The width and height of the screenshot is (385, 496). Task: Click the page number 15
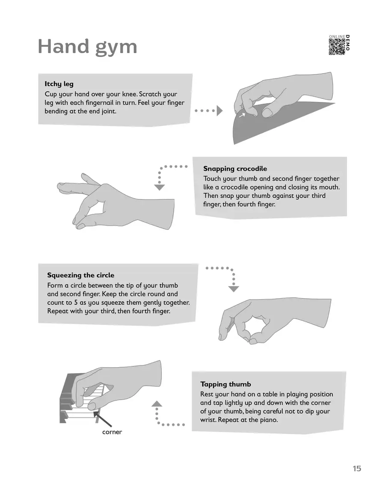tap(357, 469)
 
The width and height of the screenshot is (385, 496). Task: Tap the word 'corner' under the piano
tap(112, 432)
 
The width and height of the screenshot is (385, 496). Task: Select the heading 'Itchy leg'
tap(59, 84)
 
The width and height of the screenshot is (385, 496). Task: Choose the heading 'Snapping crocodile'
tap(235, 169)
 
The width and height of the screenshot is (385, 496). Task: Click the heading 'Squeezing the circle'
tap(80, 275)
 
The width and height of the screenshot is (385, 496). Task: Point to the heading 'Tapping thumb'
tap(225, 384)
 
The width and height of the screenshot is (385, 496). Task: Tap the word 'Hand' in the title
tap(63, 46)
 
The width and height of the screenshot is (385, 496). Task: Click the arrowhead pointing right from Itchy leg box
tap(219, 111)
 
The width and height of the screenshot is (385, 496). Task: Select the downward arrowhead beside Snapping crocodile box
tap(159, 187)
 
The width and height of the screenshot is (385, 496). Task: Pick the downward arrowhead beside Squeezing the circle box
tap(234, 289)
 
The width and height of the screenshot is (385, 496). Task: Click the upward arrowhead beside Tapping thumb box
tap(157, 404)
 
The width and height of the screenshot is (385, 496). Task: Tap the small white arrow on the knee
tap(242, 115)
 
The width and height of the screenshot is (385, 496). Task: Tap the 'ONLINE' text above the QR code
tap(337, 37)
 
